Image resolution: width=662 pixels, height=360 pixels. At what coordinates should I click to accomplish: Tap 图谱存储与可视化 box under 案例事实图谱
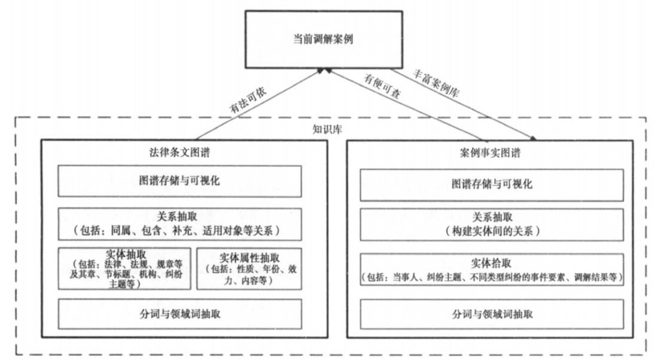click(492, 184)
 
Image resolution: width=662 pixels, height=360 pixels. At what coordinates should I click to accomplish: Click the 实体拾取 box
click(492, 270)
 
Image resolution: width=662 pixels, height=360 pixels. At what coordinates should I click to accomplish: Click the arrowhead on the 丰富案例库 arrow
click(533, 138)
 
